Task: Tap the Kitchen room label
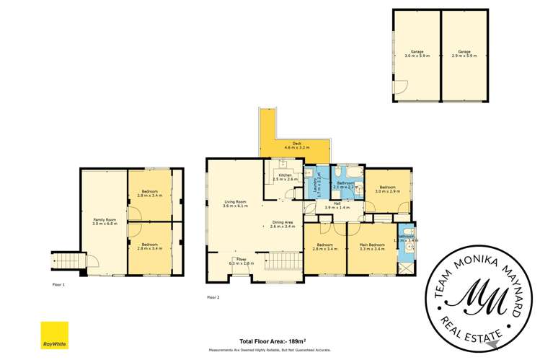point(280,177)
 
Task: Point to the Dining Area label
point(282,224)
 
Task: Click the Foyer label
point(240,262)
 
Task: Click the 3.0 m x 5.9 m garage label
point(417,53)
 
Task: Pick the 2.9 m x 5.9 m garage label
point(465,53)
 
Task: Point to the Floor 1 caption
point(58,284)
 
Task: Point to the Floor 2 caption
point(213,297)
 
